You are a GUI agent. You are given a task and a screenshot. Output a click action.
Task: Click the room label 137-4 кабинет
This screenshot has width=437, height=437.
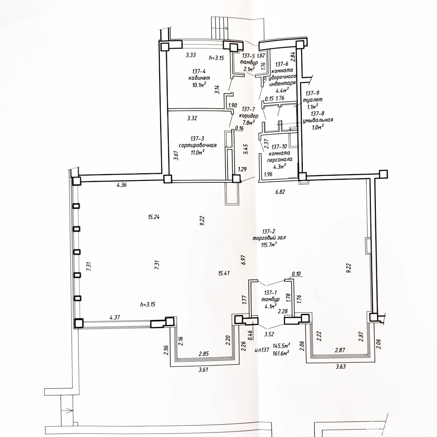click(199, 75)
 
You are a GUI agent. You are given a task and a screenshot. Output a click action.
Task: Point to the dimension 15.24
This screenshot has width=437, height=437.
click(154, 217)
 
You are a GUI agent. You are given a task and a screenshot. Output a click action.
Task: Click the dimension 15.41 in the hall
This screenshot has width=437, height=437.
click(224, 273)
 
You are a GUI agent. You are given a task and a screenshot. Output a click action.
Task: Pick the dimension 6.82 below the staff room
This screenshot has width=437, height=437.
click(280, 192)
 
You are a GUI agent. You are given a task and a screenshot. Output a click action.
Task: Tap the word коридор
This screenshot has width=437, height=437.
click(249, 116)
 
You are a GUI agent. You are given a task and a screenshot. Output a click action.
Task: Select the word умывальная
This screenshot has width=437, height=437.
click(318, 120)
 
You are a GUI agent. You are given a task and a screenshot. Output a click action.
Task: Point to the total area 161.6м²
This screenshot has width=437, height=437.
click(281, 353)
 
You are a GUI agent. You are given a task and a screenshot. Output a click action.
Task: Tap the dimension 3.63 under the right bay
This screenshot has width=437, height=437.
click(340, 367)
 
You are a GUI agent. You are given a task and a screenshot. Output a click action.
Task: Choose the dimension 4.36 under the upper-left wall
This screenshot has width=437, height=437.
click(122, 185)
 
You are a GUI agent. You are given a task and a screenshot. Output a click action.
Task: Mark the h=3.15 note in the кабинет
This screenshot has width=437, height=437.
click(216, 58)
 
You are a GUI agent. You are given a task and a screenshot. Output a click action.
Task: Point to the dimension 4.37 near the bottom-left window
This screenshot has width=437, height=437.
click(115, 317)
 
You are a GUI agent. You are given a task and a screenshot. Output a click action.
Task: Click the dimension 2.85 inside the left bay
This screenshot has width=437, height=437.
click(204, 354)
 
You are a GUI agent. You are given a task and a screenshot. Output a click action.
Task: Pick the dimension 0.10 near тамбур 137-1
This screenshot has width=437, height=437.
click(296, 274)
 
